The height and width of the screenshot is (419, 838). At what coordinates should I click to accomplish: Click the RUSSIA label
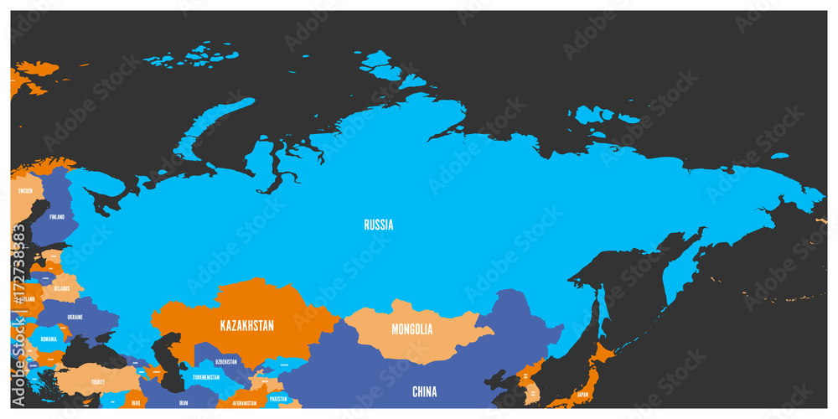[378, 225]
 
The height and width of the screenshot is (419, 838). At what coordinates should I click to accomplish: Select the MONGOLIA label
[412, 329]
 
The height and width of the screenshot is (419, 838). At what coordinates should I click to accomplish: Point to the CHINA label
[424, 391]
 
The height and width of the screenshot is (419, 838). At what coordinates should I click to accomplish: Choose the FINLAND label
[56, 217]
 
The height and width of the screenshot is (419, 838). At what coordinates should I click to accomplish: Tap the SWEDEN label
[25, 191]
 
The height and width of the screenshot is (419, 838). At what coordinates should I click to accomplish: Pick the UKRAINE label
[75, 318]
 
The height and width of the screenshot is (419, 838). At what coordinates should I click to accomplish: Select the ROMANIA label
[49, 339]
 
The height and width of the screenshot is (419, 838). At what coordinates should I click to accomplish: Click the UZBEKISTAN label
[226, 362]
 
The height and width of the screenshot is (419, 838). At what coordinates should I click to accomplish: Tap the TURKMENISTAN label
[205, 377]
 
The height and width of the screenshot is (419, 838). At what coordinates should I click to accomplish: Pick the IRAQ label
[136, 403]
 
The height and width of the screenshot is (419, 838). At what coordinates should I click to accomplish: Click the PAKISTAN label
[277, 399]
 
